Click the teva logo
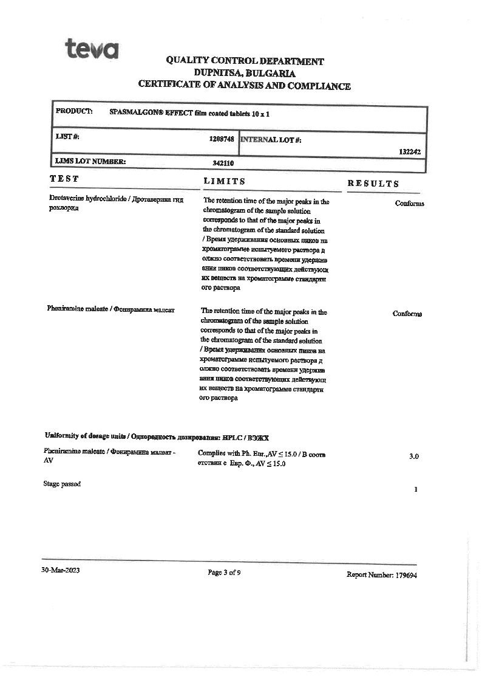coord(92,48)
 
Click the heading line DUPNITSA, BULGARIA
coord(245,73)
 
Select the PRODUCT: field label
coord(74,111)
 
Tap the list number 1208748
coord(222,139)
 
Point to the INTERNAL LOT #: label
coord(271,140)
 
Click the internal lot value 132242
coord(410,152)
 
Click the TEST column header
coord(64,179)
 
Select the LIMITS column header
coord(225,181)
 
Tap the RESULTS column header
coord(373,184)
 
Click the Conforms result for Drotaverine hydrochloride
coord(409,203)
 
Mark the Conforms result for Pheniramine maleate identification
coord(407,314)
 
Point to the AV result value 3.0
coord(413,456)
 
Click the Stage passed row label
coord(62,484)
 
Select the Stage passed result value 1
coord(415,489)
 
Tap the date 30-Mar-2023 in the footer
coord(60,570)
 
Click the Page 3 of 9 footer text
coord(224,572)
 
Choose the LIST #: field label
coord(67,137)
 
